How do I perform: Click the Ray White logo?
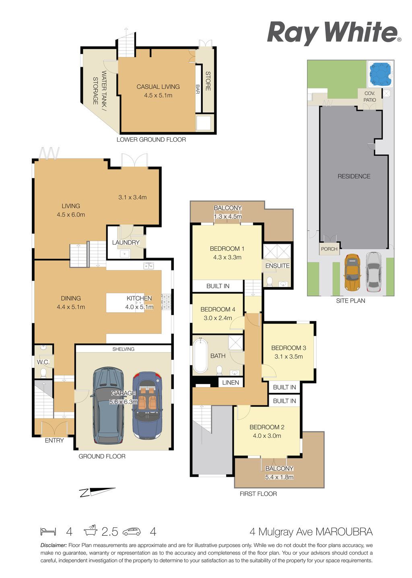(334, 33)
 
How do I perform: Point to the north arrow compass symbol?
(98, 492)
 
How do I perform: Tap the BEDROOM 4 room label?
(218, 309)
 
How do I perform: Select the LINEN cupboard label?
(231, 383)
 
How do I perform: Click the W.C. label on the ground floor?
(43, 362)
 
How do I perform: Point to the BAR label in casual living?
(198, 89)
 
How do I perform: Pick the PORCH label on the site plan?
(329, 249)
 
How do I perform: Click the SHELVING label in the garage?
(123, 349)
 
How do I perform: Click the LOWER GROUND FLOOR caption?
(151, 140)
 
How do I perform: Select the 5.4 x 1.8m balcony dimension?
(279, 477)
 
